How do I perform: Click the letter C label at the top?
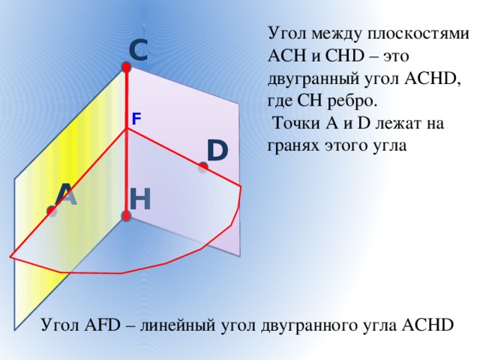(138, 50)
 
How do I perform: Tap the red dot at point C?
(126, 67)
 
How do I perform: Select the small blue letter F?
(136, 118)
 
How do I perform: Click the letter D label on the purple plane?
(217, 150)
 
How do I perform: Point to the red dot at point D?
(203, 167)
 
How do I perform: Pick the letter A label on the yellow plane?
(66, 194)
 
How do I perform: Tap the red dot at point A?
(52, 211)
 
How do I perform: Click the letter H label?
(140, 199)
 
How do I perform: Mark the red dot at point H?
(126, 216)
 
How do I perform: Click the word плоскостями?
(418, 34)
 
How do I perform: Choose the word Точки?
(296, 124)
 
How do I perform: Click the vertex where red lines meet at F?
(127, 129)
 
